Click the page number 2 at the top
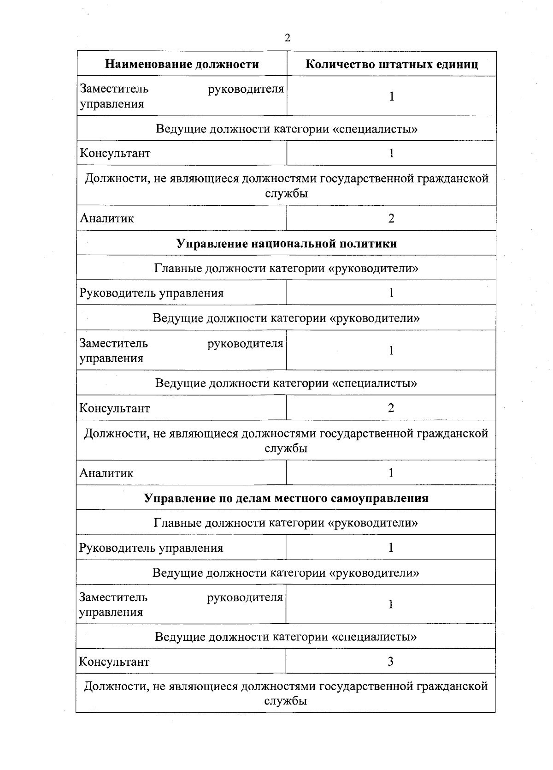point(288,38)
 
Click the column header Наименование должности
point(182,64)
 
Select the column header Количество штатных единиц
point(392,64)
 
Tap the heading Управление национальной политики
point(286,244)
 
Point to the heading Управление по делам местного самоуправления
point(286,498)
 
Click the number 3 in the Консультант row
point(390,662)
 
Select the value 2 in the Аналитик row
point(391,218)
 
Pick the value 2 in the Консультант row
point(391,408)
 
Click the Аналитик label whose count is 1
point(106,473)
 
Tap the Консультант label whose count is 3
point(114,662)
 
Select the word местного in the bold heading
point(304,498)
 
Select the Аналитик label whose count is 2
point(107,218)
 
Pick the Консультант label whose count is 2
point(115,408)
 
